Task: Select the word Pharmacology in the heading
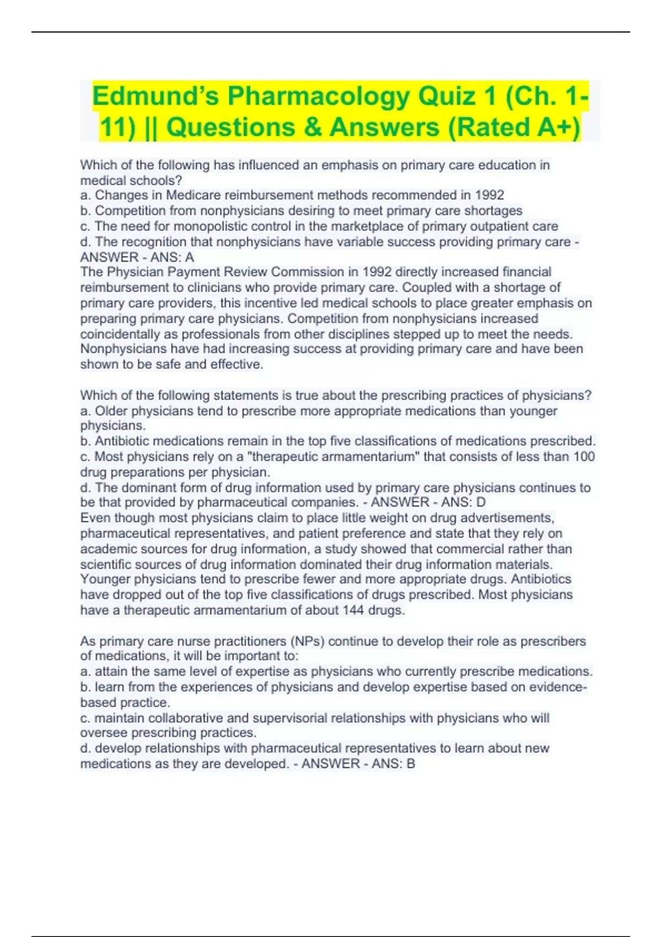click(319, 96)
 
